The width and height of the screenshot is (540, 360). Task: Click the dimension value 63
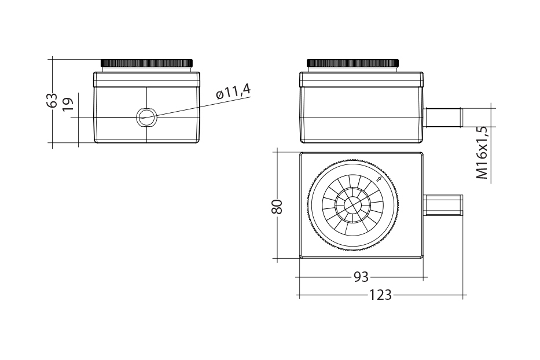click(x=53, y=100)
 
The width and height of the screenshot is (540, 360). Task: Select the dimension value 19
click(x=68, y=104)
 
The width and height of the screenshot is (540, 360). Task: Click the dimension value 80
click(x=278, y=206)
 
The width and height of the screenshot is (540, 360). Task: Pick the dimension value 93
click(x=361, y=277)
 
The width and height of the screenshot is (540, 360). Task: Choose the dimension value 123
click(x=380, y=295)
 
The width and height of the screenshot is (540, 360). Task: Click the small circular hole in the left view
click(x=146, y=118)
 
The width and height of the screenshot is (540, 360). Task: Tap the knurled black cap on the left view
click(x=147, y=63)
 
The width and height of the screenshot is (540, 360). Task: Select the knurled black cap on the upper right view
click(x=352, y=63)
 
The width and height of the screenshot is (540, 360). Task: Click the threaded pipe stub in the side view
click(x=443, y=117)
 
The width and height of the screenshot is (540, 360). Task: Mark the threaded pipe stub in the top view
click(x=443, y=205)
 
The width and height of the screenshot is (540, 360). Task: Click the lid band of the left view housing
click(x=147, y=79)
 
